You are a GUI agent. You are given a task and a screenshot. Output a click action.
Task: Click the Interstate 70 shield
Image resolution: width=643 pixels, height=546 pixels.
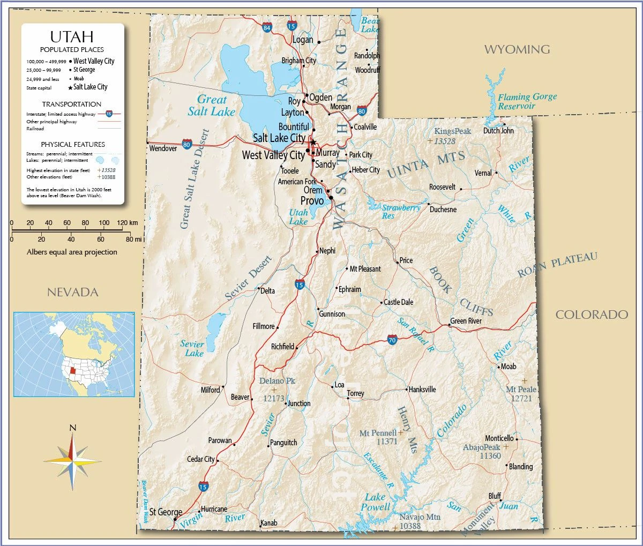[392, 340]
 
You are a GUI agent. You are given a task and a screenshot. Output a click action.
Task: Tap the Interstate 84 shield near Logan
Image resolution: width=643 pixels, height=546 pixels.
[267, 27]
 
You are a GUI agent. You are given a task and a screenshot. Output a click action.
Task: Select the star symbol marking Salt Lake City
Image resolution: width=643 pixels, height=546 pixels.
[313, 142]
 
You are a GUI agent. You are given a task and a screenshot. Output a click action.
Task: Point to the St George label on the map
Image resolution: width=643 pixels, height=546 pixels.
[166, 512]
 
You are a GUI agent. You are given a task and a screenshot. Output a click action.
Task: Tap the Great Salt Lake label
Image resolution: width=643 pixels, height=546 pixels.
[212, 105]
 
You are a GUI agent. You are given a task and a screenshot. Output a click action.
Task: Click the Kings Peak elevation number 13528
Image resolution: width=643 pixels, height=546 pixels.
[445, 141]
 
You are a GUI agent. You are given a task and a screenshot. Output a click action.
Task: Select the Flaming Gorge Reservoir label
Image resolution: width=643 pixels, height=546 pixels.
[527, 101]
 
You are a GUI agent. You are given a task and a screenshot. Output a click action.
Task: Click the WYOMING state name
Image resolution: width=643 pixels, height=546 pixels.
[517, 49]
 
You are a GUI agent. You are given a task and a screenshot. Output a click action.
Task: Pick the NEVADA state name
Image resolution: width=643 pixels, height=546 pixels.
[73, 292]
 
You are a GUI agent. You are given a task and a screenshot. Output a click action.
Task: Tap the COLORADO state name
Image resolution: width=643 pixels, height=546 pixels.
[592, 315]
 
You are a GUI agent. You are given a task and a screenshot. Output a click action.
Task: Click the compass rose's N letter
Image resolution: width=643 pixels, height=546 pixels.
[73, 428]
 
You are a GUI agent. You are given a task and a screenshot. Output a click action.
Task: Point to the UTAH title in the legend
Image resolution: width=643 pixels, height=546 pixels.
[72, 36]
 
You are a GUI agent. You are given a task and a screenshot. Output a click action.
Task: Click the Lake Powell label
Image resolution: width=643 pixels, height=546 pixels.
[376, 502]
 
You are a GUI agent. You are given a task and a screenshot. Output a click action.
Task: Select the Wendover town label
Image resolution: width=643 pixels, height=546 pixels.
[163, 148]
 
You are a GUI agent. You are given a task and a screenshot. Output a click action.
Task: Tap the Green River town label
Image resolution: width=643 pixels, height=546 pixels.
[466, 321]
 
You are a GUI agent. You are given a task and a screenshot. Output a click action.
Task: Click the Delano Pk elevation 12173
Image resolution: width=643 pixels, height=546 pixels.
[273, 399]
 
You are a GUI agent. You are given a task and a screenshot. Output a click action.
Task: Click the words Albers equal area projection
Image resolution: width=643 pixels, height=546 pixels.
[72, 252]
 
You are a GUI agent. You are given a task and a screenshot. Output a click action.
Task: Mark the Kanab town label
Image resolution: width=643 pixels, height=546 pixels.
[268, 523]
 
